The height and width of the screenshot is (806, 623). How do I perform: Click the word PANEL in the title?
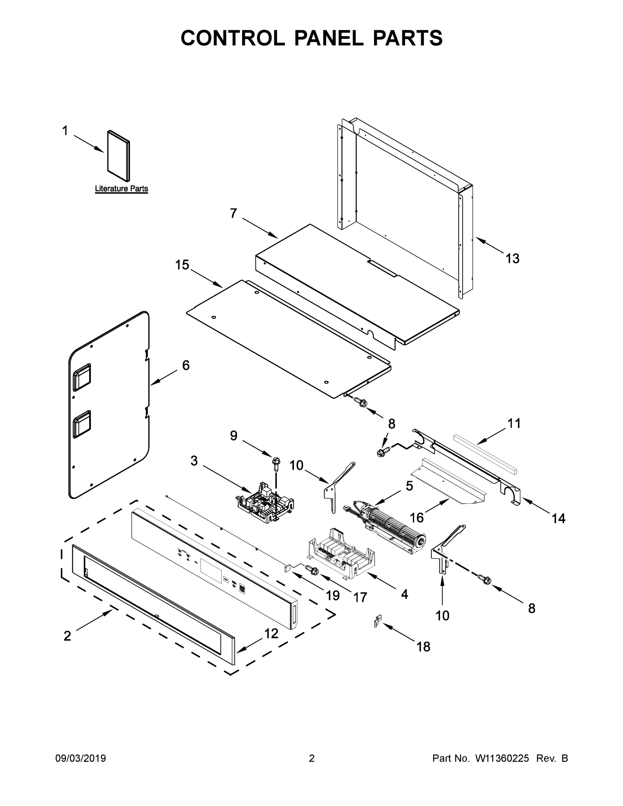pyautogui.click(x=328, y=38)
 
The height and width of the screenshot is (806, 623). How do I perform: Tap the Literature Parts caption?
pyautogui.click(x=122, y=189)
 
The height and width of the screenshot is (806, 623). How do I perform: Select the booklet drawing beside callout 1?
pyautogui.click(x=119, y=156)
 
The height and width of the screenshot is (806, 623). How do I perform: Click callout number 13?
pyautogui.click(x=512, y=259)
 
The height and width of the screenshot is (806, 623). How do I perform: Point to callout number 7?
pyautogui.click(x=233, y=213)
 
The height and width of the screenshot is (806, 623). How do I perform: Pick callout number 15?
pyautogui.click(x=182, y=265)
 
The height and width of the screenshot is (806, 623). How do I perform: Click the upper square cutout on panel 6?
pyautogui.click(x=82, y=377)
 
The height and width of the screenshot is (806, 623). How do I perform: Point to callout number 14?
pyautogui.click(x=559, y=519)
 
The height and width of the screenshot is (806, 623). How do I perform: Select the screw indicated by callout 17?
pyautogui.click(x=312, y=571)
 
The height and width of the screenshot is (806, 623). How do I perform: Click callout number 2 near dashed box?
pyautogui.click(x=67, y=636)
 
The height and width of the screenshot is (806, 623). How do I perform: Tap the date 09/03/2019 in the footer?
pyautogui.click(x=81, y=758)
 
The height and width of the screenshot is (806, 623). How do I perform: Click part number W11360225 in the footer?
pyautogui.click(x=502, y=758)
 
